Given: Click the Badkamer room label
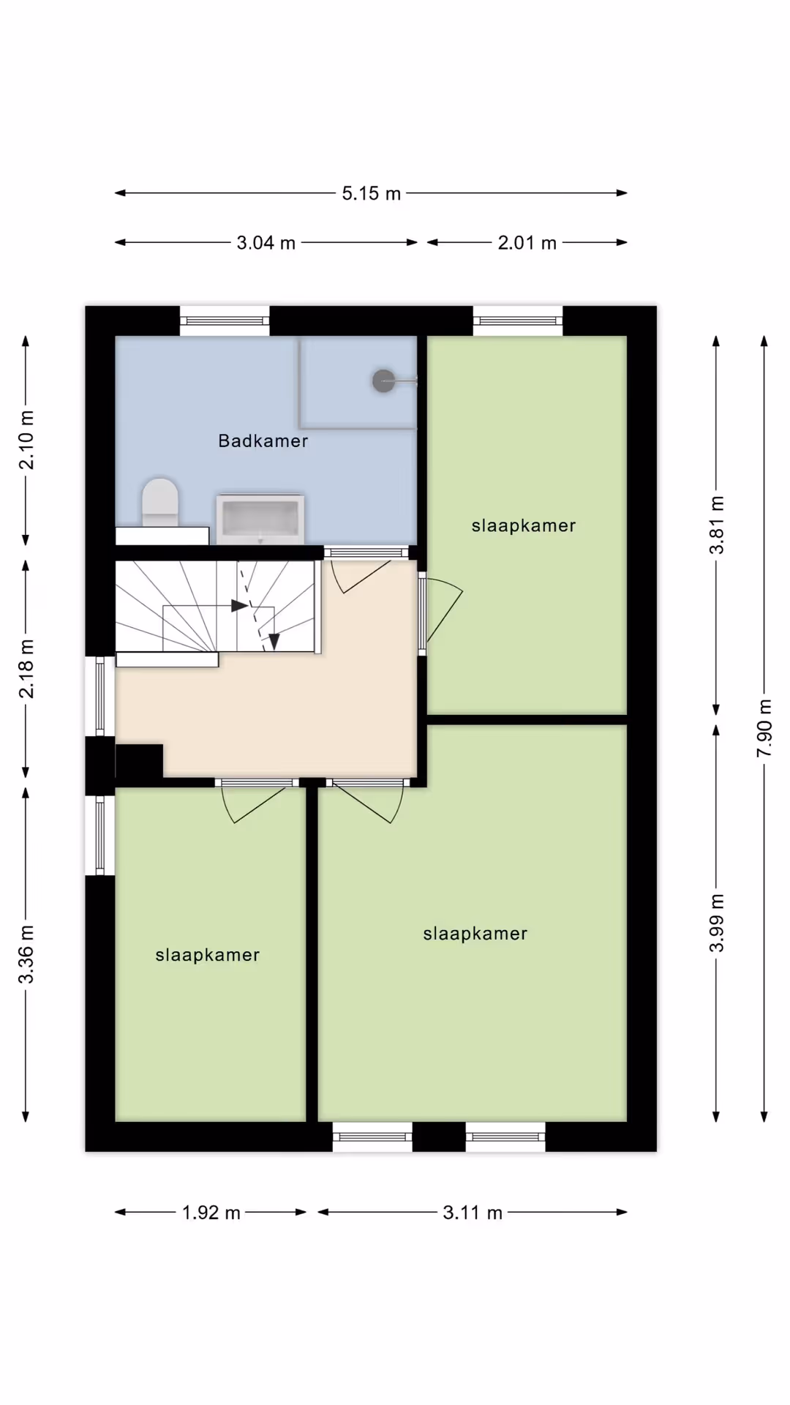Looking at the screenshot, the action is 263,441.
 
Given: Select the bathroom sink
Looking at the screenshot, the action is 260,519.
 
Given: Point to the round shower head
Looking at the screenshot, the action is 383,381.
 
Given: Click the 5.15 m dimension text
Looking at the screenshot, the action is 372,193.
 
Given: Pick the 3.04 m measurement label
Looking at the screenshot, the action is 266,242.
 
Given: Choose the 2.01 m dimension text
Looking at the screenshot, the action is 527,242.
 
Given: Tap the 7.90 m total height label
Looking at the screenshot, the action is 764,728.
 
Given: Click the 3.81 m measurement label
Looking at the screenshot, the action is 717,525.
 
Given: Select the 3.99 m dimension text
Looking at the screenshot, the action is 717,923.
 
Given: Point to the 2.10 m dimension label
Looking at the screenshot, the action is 26,440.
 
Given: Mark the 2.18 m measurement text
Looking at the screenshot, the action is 26,669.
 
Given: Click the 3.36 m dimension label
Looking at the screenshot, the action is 26,954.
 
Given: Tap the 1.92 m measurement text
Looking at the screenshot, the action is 211,1213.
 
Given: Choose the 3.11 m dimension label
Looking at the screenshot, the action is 473,1213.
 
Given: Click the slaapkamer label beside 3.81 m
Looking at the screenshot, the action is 524,525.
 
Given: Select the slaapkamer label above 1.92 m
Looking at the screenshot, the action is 208,955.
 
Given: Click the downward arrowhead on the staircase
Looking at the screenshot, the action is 274,642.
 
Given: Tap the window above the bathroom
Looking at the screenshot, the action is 225,321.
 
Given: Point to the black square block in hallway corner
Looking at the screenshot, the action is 139,761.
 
